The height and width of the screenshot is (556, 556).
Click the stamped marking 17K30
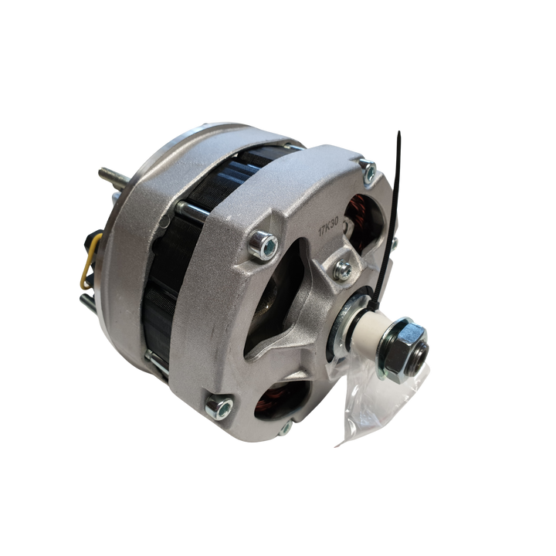(329, 226)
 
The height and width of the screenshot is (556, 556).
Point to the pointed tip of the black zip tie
(399, 132)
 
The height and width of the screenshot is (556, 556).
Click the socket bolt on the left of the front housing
(264, 245)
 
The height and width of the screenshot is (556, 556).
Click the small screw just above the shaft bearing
(343, 270)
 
